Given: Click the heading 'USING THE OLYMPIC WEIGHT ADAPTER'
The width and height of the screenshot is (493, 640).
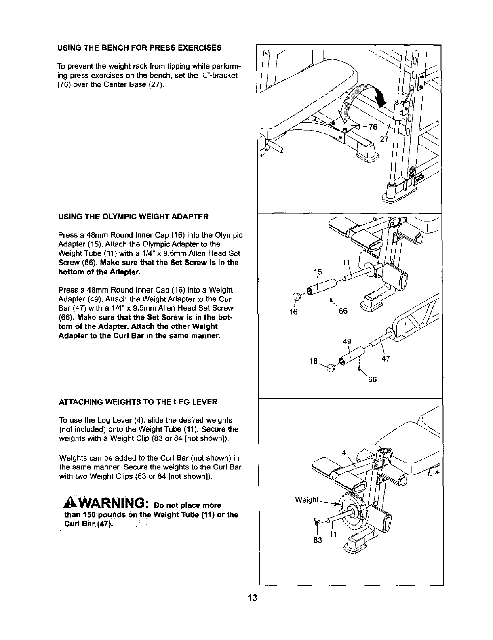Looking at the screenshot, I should (134, 217).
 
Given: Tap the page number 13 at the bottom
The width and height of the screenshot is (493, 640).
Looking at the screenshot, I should (253, 598).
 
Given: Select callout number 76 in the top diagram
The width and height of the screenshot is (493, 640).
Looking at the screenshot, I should (372, 127).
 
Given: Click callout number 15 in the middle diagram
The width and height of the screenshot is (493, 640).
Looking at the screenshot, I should (318, 272).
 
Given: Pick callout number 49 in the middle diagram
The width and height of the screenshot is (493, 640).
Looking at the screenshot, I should (347, 341).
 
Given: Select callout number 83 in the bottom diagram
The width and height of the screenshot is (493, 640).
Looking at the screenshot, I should (319, 540).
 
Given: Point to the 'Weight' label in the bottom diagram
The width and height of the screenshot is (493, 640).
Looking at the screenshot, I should (307, 500).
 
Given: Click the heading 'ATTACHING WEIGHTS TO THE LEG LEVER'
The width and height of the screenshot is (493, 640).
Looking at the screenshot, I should (138, 402).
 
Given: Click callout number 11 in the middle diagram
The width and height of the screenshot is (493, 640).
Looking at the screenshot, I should (346, 263).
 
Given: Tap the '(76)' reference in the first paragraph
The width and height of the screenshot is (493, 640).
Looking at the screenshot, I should (65, 84).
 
